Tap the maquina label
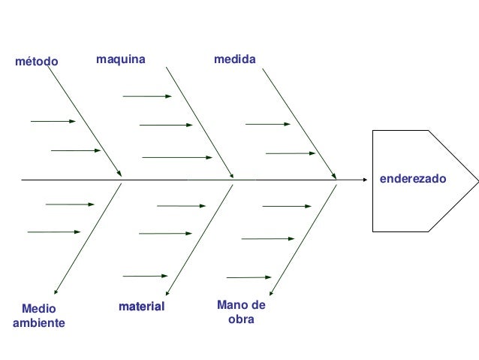(x=121, y=58)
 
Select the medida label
(x=234, y=58)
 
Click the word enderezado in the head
(x=412, y=180)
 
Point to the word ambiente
(x=39, y=323)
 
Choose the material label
(x=141, y=307)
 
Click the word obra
(x=240, y=319)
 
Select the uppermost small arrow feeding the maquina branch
(x=146, y=96)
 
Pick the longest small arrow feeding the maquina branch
(x=177, y=158)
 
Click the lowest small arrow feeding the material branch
(x=145, y=276)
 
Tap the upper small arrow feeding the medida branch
(x=267, y=124)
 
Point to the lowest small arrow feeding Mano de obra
(x=249, y=277)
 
